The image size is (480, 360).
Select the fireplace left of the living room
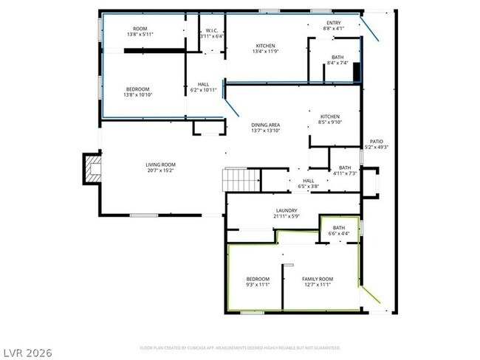coord(92,167)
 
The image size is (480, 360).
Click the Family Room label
coord(318,281)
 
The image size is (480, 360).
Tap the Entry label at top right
coord(333,26)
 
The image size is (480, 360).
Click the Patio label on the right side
coord(376,145)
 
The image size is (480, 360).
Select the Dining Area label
coord(266,128)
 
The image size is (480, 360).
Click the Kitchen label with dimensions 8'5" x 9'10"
coord(329,120)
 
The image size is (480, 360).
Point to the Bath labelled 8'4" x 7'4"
coord(337,60)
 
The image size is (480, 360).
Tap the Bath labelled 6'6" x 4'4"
coord(338,230)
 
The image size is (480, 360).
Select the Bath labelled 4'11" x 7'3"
coord(345,170)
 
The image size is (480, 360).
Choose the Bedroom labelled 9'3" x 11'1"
coord(258,281)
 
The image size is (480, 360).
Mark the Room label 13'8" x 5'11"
coord(140,32)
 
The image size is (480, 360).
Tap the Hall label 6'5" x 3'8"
coord(309,184)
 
